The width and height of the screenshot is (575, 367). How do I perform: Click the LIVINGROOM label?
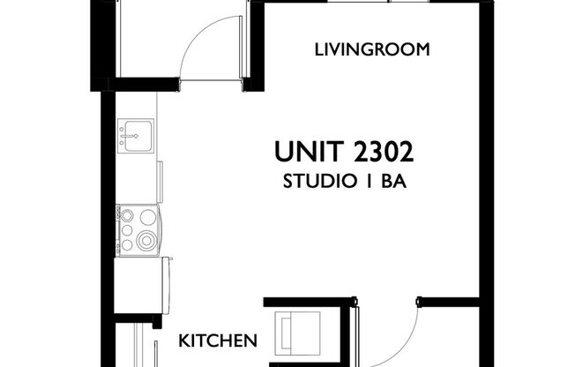point(372,50)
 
